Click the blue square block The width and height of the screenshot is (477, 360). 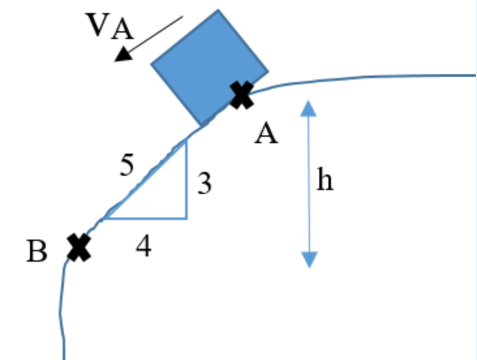pyautogui.click(x=209, y=68)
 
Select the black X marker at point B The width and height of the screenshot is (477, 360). pyautogui.click(x=79, y=247)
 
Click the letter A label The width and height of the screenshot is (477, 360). pyautogui.click(x=267, y=135)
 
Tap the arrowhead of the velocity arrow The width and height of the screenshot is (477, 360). pyautogui.click(x=122, y=56)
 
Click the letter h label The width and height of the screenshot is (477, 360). pyautogui.click(x=325, y=180)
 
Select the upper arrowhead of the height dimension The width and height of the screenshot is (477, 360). pyautogui.click(x=309, y=107)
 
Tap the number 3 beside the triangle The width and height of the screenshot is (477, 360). pyautogui.click(x=204, y=185)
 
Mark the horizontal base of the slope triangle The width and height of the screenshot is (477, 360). pyautogui.click(x=147, y=219)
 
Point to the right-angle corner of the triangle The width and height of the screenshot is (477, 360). pyautogui.click(x=186, y=218)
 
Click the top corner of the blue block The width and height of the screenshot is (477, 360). pyautogui.click(x=218, y=10)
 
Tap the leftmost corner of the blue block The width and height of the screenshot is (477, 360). pyautogui.click(x=152, y=64)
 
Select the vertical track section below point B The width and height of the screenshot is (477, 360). pyautogui.click(x=62, y=312)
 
